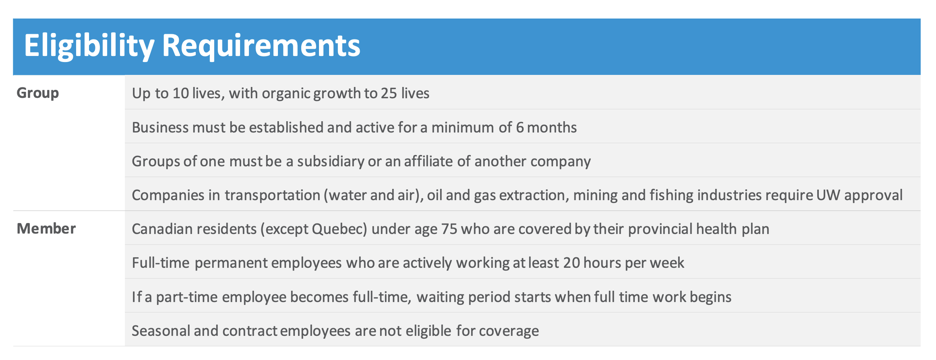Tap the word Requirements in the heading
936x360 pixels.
click(x=261, y=46)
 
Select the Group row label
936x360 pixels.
click(x=38, y=93)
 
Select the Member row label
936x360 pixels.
click(x=46, y=228)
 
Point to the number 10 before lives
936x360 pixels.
click(x=181, y=93)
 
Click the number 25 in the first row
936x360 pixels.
click(x=389, y=93)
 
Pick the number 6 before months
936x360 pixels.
click(x=520, y=127)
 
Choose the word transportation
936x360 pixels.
click(x=272, y=195)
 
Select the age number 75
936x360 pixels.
click(x=449, y=229)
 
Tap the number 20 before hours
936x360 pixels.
click(x=572, y=263)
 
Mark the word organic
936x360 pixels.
click(x=286, y=93)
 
